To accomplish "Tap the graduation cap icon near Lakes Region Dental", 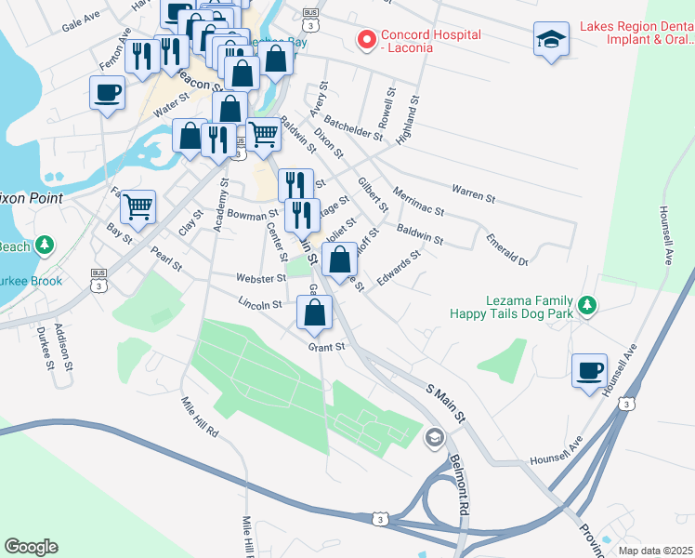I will [552, 39].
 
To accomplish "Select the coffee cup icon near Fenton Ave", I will [107, 93].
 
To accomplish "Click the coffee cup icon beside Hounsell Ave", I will [589, 371].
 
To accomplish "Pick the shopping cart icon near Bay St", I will [138, 206].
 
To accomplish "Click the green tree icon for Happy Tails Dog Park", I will [585, 304].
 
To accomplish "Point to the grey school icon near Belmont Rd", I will [434, 437].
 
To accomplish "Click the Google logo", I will [31, 546].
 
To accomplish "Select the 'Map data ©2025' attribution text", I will [654, 550].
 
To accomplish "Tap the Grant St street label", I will [326, 347].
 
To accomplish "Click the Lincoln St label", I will [259, 304].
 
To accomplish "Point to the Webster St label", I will [260, 278].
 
